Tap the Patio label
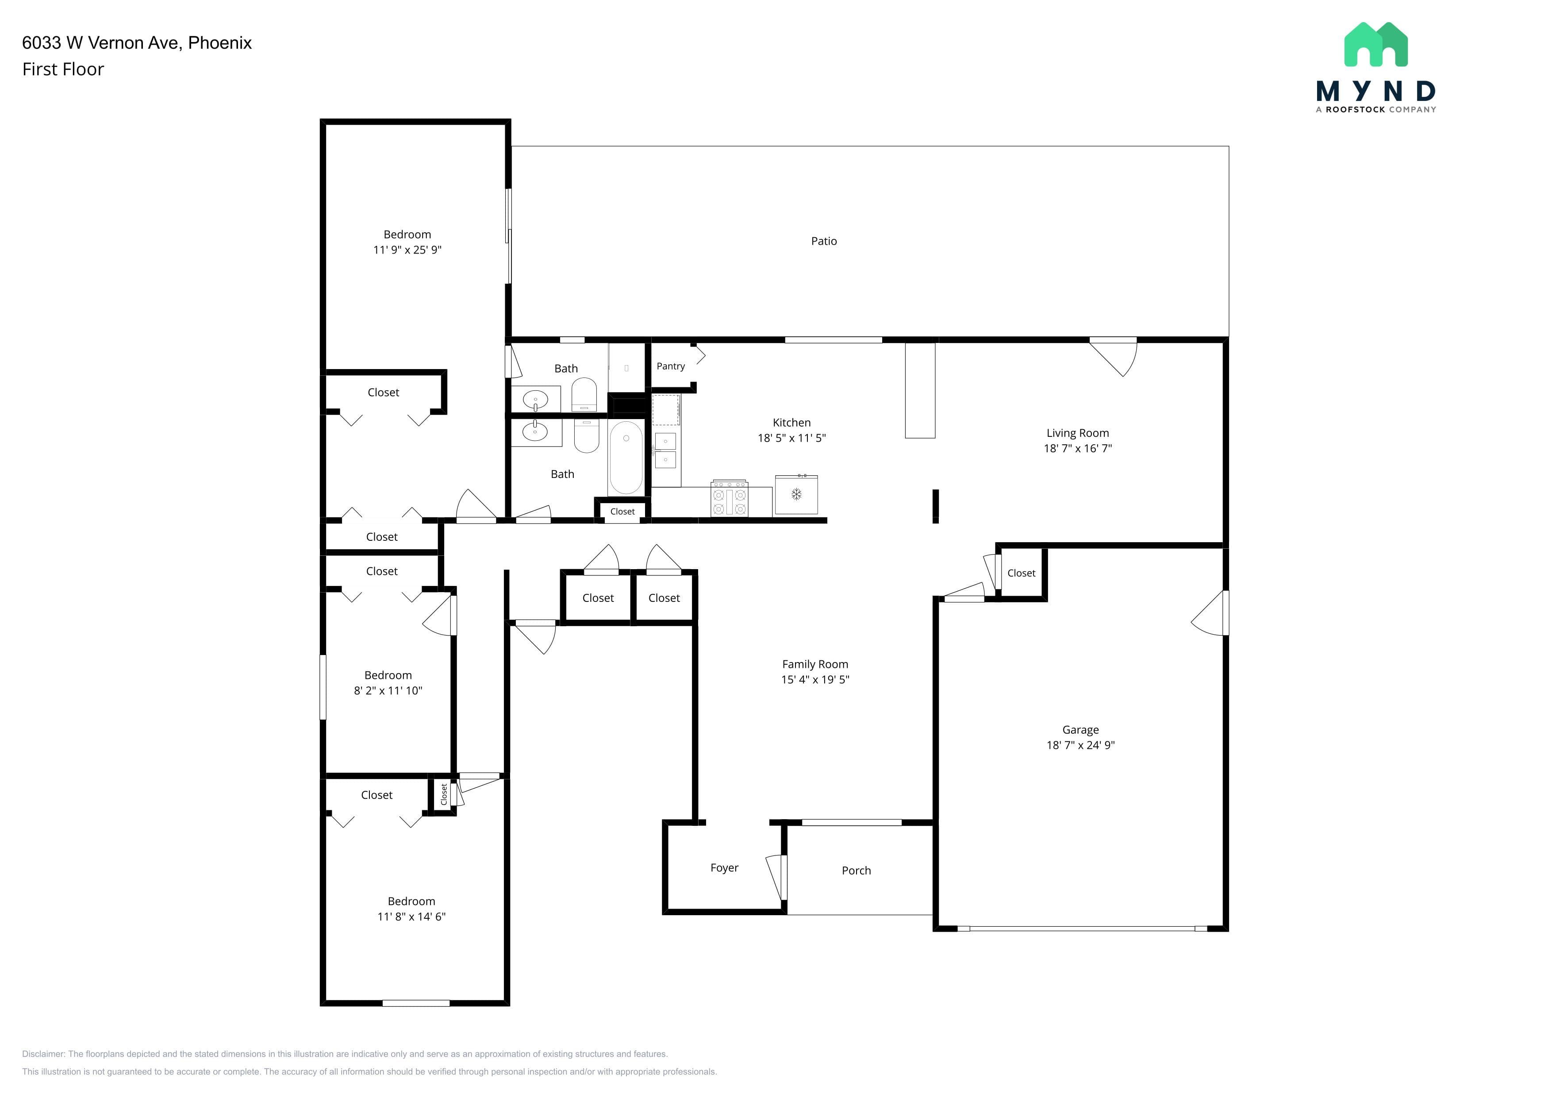click(x=823, y=241)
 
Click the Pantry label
click(x=671, y=366)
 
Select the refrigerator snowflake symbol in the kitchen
click(x=796, y=494)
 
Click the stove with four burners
click(x=730, y=498)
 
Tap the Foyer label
click(x=724, y=868)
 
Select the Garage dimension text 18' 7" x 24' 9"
click(x=1080, y=745)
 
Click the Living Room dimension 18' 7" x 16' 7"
click(x=1077, y=448)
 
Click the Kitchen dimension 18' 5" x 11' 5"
click(x=791, y=438)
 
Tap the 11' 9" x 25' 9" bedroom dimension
click(x=407, y=250)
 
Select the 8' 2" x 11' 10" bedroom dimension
click(x=388, y=691)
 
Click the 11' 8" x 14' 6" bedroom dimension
click(x=411, y=917)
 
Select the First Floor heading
click(x=63, y=69)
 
